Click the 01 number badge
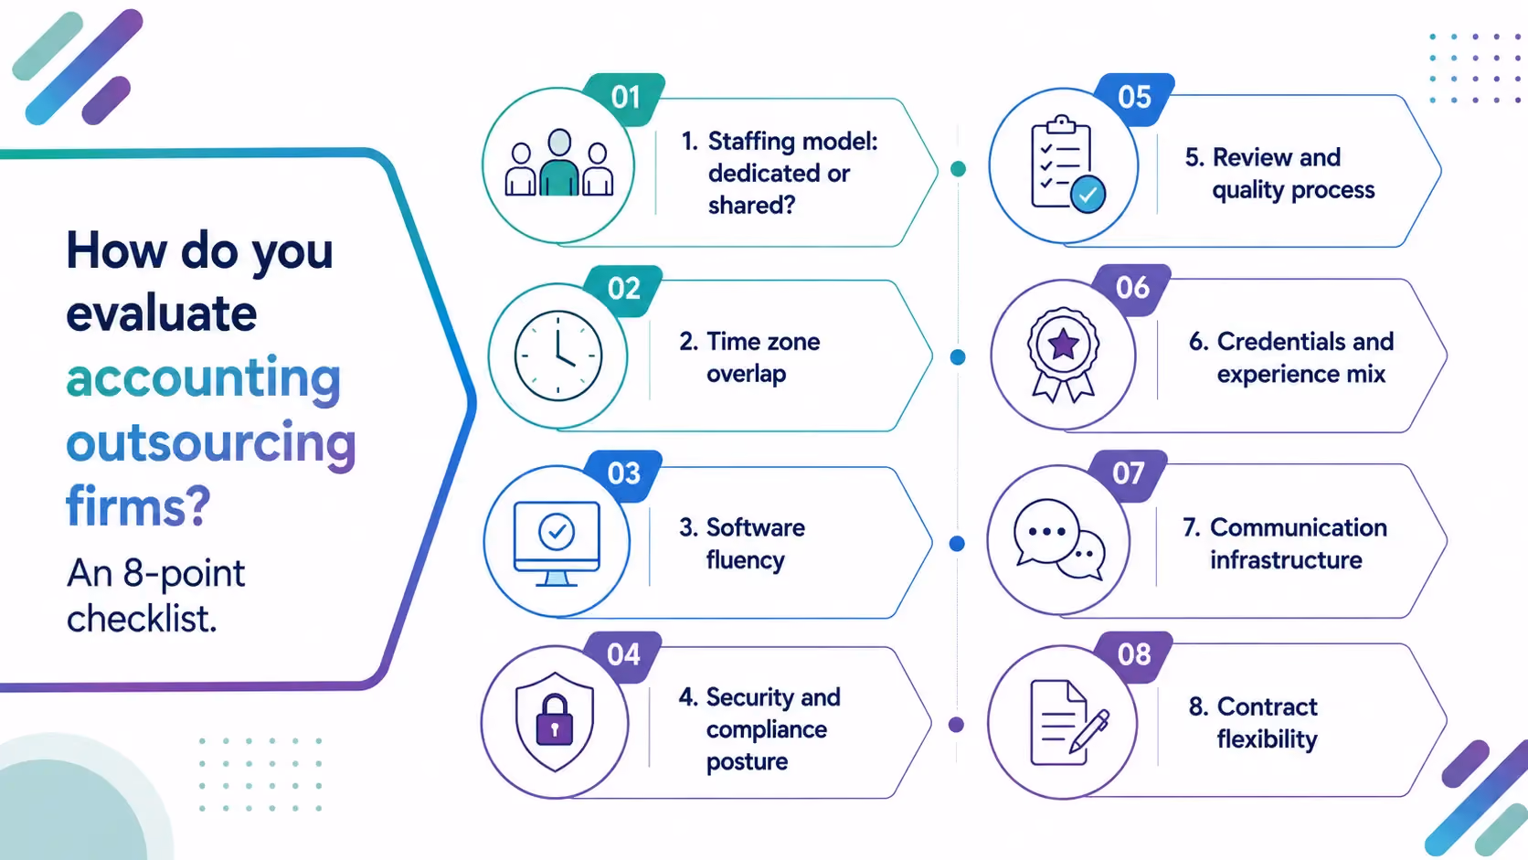[624, 98]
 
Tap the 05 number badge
[1134, 98]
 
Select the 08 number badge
[1134, 656]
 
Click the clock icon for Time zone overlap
[558, 356]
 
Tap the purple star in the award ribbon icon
[1064, 345]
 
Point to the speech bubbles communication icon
[1059, 539]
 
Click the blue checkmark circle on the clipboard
[1088, 195]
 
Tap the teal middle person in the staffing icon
[559, 163]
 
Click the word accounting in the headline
[203, 379]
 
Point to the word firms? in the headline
[139, 505]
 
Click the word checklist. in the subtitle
[142, 619]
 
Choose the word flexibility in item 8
[1268, 739]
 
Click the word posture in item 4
[747, 762]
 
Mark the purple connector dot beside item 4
[956, 724]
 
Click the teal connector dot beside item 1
[958, 168]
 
